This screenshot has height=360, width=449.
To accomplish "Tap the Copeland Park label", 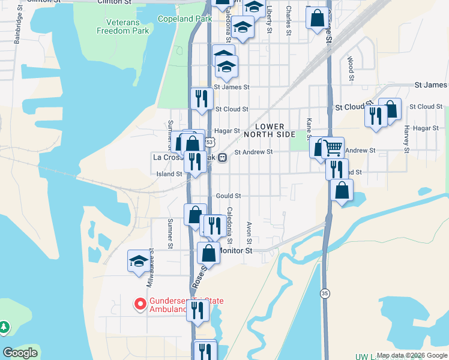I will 185,19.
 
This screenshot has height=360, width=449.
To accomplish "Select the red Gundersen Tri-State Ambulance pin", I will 140,304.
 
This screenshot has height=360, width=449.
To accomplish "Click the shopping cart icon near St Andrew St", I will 333,147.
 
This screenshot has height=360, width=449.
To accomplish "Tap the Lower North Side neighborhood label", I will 276,130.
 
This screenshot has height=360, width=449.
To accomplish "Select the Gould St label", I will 228,196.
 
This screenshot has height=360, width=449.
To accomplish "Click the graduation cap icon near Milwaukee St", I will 138,262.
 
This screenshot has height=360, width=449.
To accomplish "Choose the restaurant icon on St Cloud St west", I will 202,98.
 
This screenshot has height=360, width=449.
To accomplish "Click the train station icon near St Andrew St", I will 222,158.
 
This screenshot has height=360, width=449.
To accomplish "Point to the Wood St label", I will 351,69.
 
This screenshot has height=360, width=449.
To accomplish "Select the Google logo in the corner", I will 20,353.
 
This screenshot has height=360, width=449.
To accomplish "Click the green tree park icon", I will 4,327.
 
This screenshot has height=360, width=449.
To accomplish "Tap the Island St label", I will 170,174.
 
